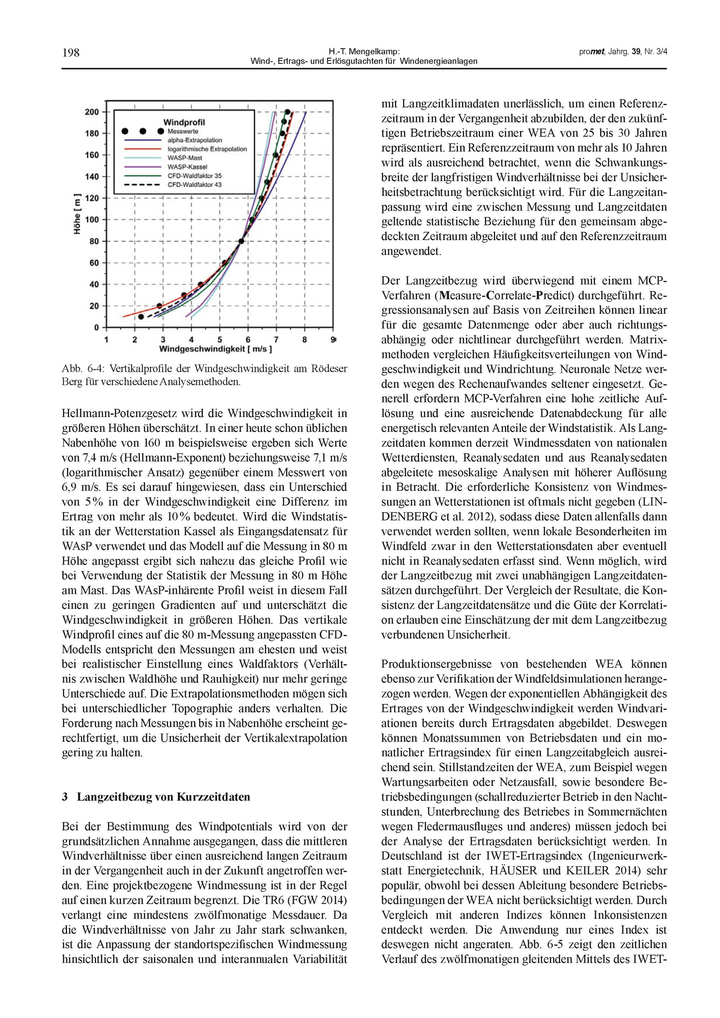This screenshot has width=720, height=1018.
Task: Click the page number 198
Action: click(71, 53)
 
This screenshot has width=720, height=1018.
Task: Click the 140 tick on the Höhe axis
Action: click(92, 176)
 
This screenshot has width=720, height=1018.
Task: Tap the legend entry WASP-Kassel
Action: click(184, 167)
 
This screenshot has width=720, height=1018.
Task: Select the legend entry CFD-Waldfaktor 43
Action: click(194, 185)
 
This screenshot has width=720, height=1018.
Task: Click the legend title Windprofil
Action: click(184, 122)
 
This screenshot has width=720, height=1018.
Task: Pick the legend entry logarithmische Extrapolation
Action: click(207, 149)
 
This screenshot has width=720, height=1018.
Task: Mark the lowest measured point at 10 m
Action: click(141, 317)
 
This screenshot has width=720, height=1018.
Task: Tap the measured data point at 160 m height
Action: click(275, 155)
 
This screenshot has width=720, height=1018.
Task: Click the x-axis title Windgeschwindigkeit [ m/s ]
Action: click(216, 349)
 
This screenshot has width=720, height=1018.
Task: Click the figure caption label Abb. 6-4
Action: click(82, 368)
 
